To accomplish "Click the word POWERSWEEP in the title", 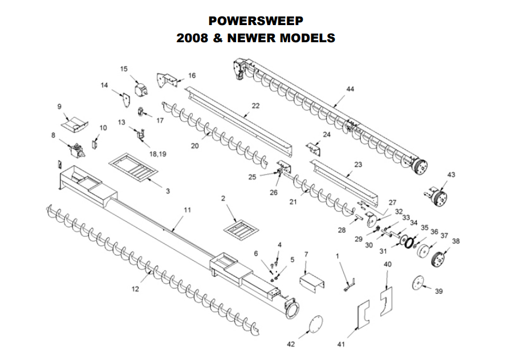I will tap(255, 21).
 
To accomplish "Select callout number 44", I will tap(350, 90).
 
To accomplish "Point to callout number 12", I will tap(135, 289).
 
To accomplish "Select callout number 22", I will tap(255, 106).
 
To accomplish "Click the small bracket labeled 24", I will tap(314, 149).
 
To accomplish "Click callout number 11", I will tap(188, 210).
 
